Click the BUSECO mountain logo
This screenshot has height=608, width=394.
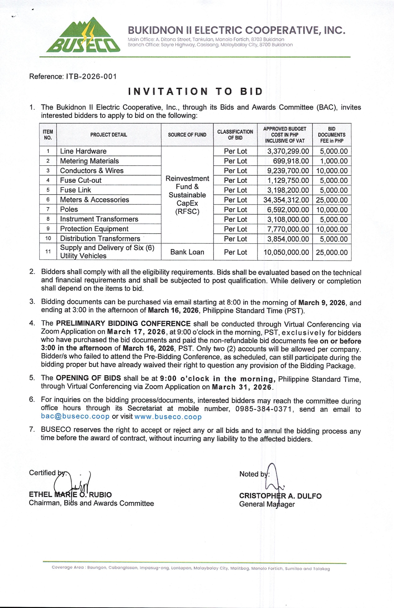(83, 35)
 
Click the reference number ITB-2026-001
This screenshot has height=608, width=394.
(91, 77)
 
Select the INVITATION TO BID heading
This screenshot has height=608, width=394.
(196, 92)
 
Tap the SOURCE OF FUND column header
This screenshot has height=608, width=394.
(187, 135)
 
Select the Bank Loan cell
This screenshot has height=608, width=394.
(187, 252)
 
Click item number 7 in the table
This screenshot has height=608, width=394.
(48, 209)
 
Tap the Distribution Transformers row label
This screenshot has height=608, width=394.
(100, 238)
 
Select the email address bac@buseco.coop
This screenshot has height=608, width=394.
(75, 417)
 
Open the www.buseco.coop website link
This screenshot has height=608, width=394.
(168, 417)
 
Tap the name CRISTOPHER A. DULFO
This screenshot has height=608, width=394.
(280, 496)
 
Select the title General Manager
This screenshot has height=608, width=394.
(267, 504)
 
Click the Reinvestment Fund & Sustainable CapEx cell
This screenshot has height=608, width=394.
(187, 195)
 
